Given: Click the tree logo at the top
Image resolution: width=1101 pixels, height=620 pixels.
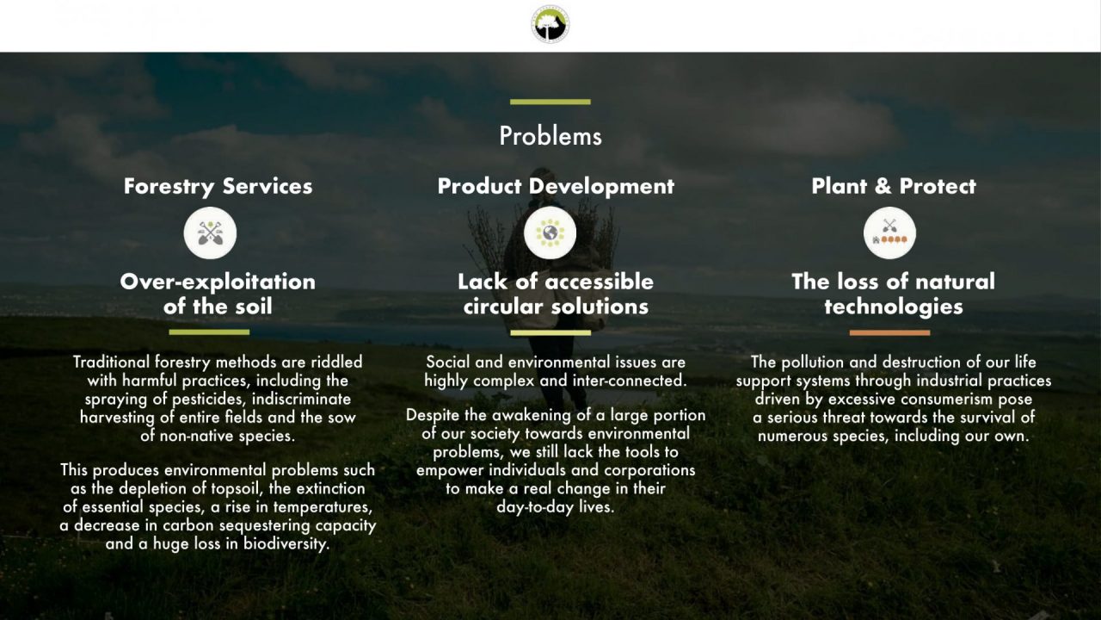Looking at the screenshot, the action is (x=550, y=24).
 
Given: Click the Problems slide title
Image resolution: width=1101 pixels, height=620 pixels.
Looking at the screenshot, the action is (x=550, y=136).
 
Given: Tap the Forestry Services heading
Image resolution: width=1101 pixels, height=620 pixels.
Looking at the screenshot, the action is (x=218, y=187).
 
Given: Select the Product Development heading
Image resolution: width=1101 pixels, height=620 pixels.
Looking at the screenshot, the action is (x=556, y=187).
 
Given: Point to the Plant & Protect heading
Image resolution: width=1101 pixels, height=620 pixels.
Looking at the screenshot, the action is (x=894, y=186).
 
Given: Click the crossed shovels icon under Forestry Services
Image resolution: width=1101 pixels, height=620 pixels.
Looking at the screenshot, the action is (x=211, y=232).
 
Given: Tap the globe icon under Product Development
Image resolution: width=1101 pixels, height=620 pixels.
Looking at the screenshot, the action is (x=550, y=232).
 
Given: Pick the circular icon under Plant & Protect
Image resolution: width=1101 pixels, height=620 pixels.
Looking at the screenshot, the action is (x=889, y=232).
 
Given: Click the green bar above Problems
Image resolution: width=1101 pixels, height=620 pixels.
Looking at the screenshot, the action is (x=550, y=102).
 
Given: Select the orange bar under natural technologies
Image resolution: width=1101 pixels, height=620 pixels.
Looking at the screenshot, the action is (x=889, y=332).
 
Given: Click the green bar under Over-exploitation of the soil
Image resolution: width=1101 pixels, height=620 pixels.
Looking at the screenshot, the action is (x=209, y=332).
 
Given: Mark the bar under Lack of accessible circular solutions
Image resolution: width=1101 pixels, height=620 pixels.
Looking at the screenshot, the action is (x=550, y=332).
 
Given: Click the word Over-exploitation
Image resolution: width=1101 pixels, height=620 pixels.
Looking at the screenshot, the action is (x=218, y=282).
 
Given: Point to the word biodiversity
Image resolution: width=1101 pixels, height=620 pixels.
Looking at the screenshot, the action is (x=286, y=543).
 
